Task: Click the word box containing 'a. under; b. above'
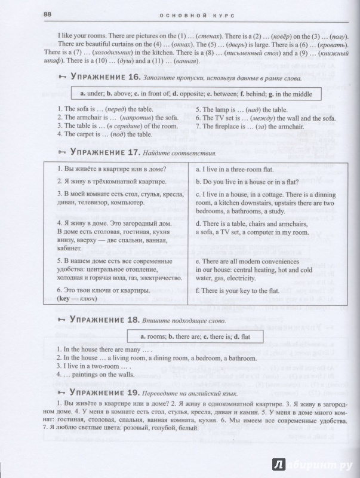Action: pos(197,94)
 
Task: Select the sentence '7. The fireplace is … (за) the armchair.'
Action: pos(254,126)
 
